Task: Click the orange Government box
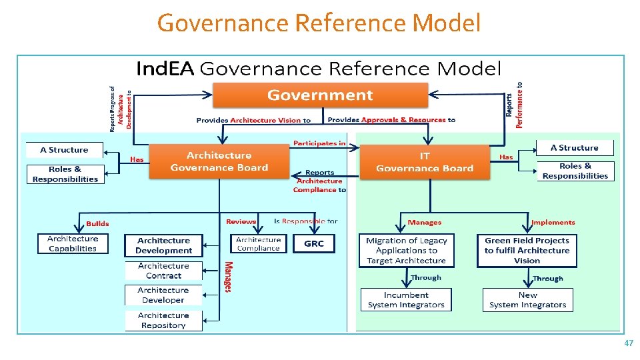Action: tap(320, 95)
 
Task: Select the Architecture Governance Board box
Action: tap(219, 161)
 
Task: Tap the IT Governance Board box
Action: tap(425, 162)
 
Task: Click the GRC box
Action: tap(314, 244)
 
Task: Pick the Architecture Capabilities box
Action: tap(73, 243)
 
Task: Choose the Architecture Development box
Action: tap(164, 245)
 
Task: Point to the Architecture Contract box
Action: tap(164, 271)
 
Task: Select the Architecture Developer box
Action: tap(164, 295)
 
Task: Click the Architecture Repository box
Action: tap(164, 321)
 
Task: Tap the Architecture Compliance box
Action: tap(259, 244)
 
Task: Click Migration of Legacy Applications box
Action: tap(406, 251)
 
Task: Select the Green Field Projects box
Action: tap(527, 251)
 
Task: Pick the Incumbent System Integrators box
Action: tap(406, 300)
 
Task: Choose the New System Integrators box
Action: tap(527, 300)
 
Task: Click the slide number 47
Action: tap(628, 343)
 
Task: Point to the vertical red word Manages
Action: tap(228, 277)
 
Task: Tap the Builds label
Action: tap(97, 223)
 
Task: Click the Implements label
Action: tap(553, 222)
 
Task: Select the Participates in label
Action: tap(319, 143)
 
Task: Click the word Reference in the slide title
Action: tap(351, 24)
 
